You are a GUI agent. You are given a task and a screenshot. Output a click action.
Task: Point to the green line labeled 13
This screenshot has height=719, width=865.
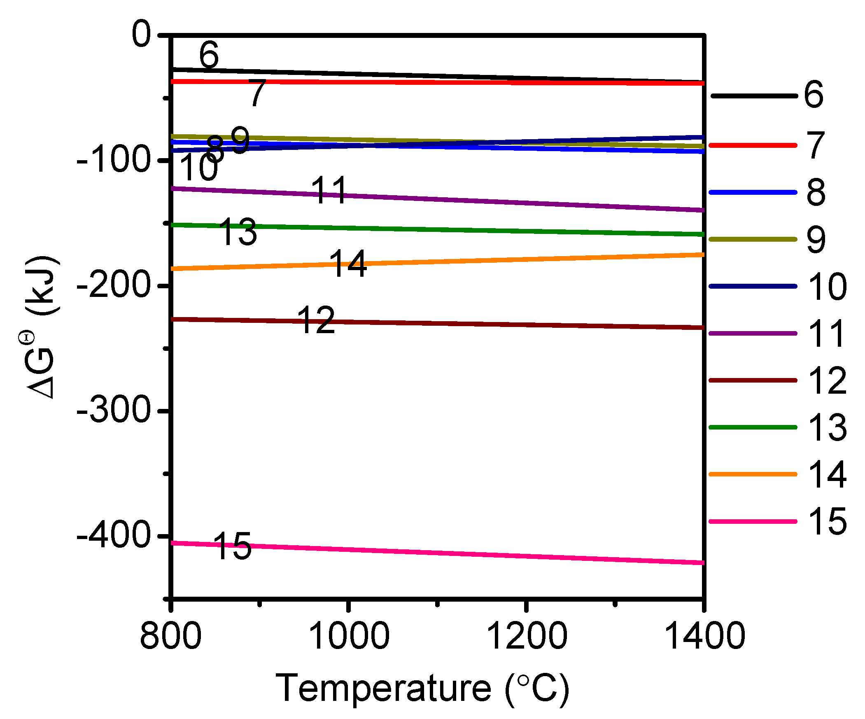[x=453, y=230]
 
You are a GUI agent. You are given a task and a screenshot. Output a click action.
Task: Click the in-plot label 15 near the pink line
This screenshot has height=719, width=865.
[x=233, y=546]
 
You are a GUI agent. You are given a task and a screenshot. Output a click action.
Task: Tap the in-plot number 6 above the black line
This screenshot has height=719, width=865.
[x=209, y=54]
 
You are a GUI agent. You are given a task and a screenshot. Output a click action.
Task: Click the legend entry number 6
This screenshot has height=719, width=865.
[x=814, y=95]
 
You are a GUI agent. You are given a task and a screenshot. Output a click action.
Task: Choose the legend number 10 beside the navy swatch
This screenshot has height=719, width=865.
[x=827, y=286]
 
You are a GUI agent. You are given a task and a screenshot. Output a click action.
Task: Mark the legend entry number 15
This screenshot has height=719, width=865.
[x=827, y=521]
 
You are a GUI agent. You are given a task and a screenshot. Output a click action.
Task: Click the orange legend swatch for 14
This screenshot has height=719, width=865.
[x=753, y=474]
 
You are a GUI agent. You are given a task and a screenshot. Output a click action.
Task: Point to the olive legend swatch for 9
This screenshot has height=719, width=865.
[x=753, y=239]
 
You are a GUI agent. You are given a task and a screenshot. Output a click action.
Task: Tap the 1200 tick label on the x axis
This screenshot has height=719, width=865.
[x=527, y=636]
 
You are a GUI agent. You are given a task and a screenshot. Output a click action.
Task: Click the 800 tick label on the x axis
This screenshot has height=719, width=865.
[x=171, y=636]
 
